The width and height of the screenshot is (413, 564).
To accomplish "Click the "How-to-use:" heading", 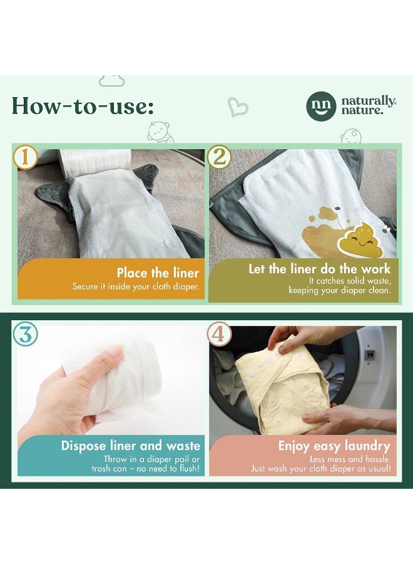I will (x=83, y=106).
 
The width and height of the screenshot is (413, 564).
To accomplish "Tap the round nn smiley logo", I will (x=321, y=106).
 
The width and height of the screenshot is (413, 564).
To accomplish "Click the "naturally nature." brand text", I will (x=368, y=106).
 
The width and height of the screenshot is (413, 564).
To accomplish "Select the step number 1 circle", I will (x=25, y=157).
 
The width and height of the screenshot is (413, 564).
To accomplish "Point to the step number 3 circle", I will (x=25, y=333).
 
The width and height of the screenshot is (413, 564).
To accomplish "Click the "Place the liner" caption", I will (x=158, y=273).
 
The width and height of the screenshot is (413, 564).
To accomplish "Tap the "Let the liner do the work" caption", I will (x=319, y=269).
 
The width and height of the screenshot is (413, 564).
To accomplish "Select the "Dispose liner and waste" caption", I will (x=130, y=446).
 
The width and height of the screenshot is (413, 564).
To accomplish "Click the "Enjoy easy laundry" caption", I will (x=334, y=446).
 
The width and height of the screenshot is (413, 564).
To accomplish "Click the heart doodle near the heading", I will (x=238, y=107).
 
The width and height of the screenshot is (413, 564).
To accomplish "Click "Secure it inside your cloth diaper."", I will (x=135, y=287).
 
